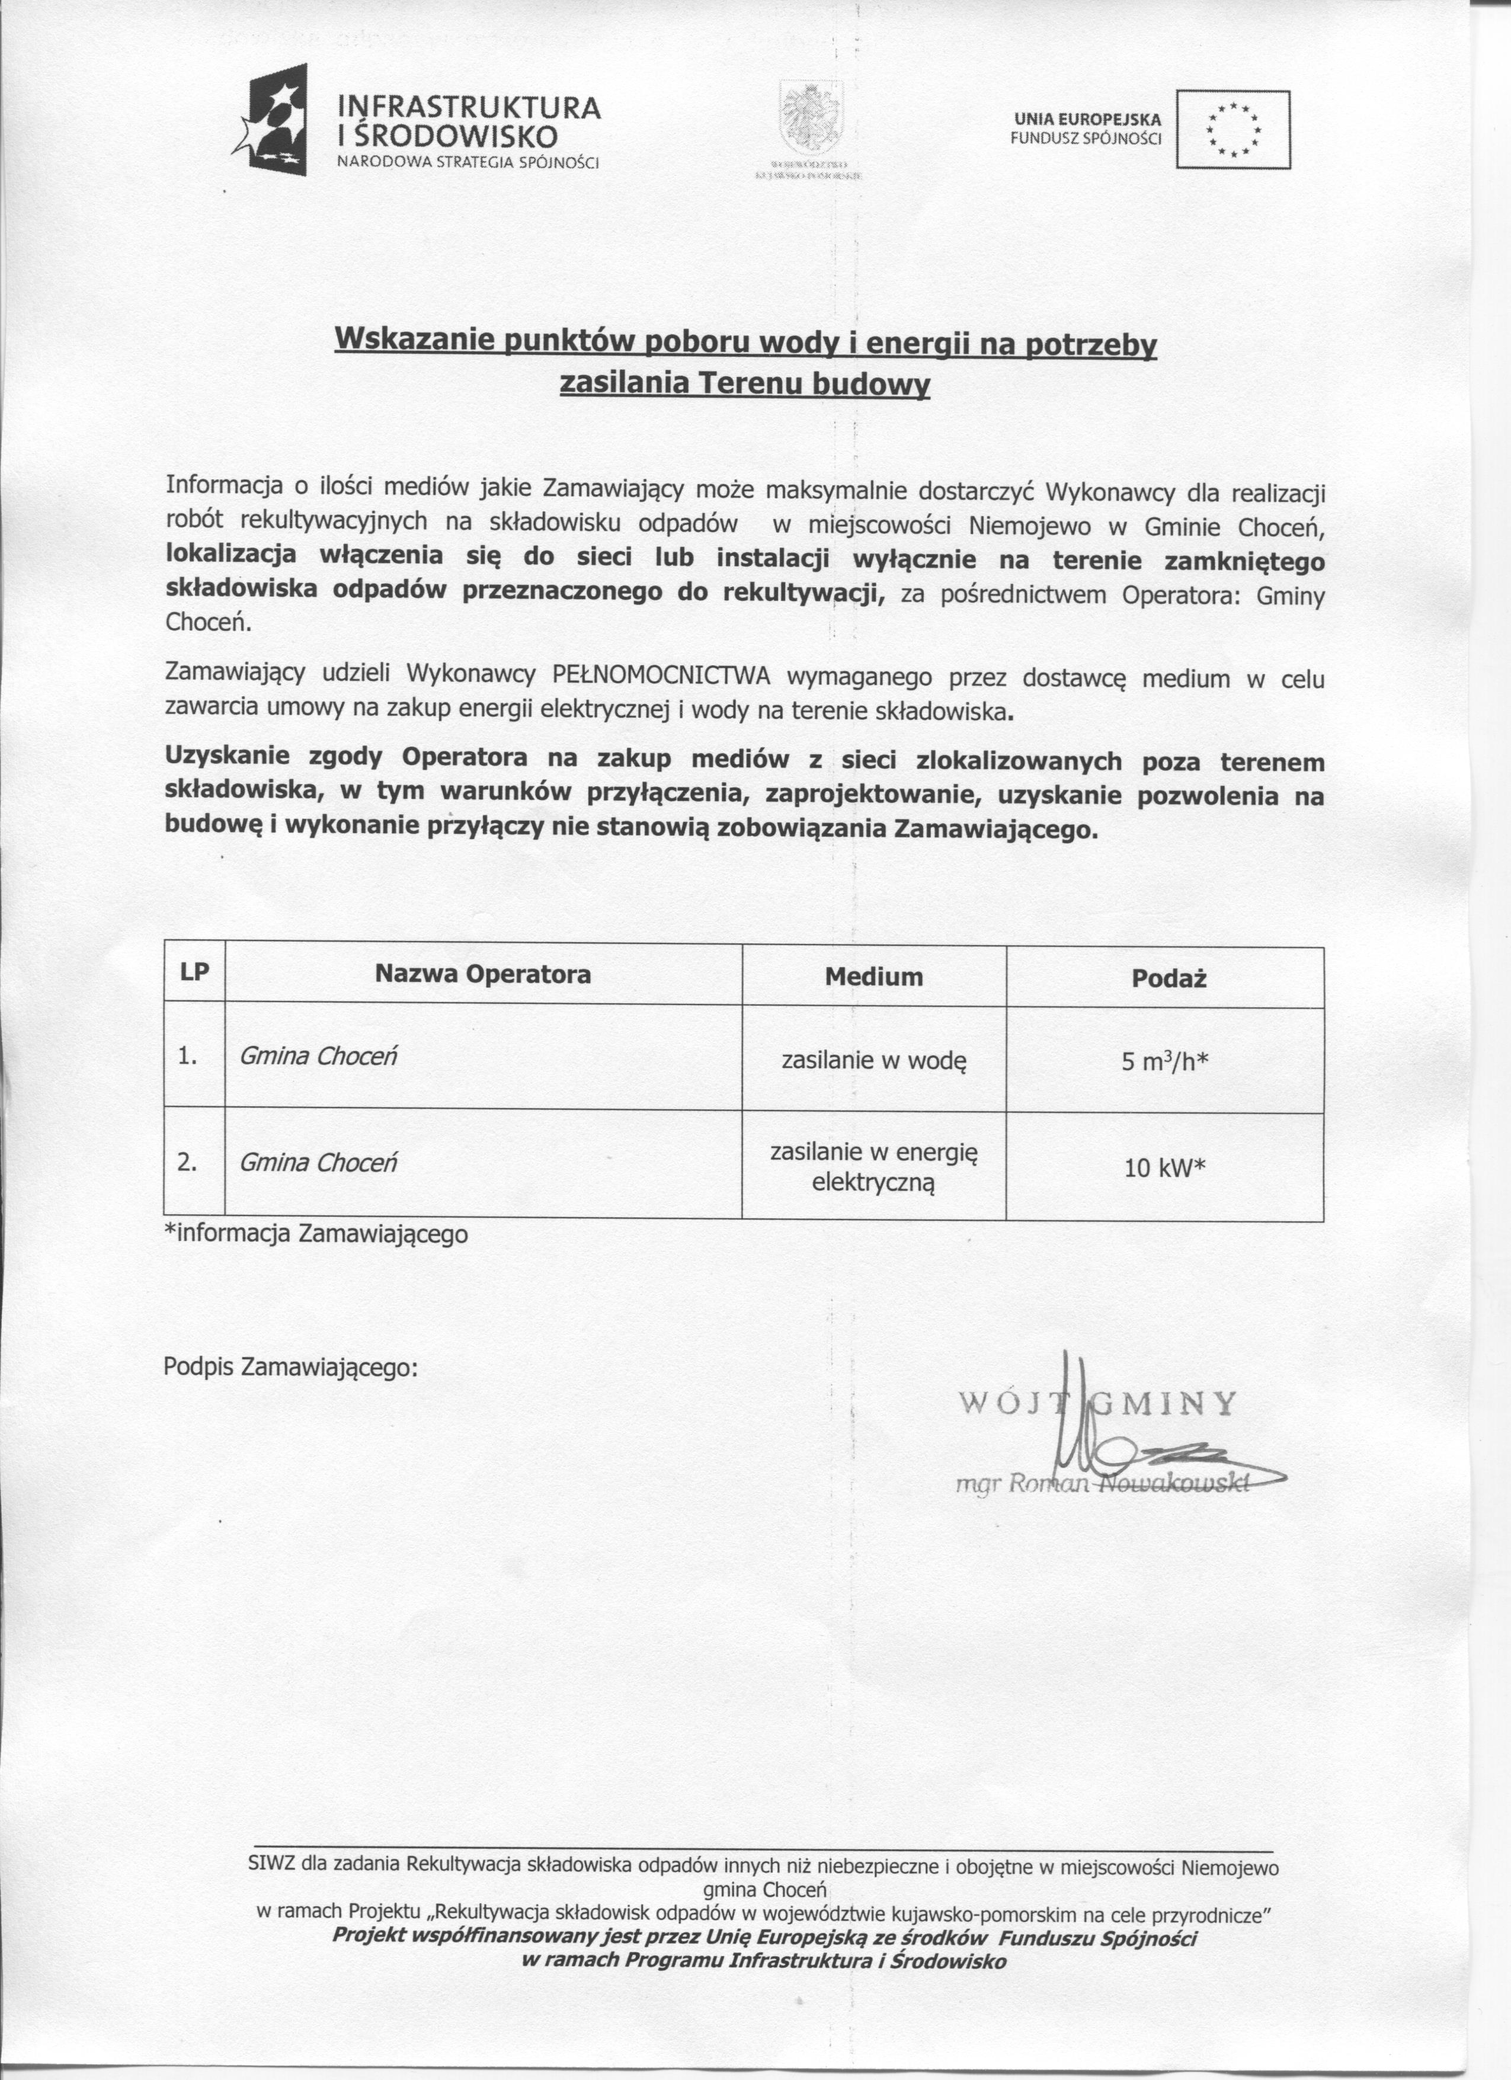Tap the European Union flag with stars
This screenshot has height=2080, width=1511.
1233,129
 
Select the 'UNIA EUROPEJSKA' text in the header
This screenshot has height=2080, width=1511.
1087,119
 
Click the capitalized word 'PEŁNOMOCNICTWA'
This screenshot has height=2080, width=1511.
662,676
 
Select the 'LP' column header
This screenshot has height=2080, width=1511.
194,973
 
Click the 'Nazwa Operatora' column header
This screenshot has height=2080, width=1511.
482,974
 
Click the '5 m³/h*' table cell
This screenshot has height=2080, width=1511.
1164,1062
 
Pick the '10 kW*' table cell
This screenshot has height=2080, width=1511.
1164,1167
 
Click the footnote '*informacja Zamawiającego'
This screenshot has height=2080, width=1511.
315,1234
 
